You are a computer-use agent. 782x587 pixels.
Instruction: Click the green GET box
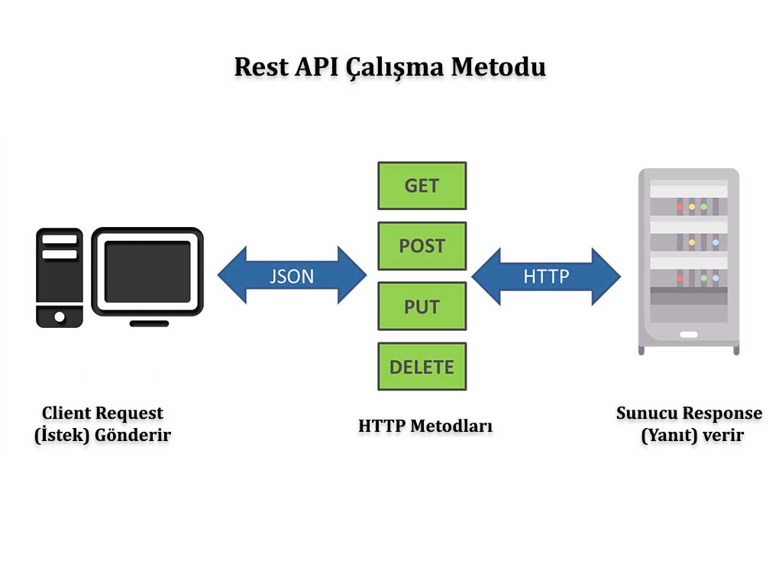click(x=422, y=186)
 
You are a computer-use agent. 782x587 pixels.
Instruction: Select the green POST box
click(x=422, y=246)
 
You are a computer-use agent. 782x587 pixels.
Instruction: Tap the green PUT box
click(x=422, y=306)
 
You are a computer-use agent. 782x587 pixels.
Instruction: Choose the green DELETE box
click(x=422, y=367)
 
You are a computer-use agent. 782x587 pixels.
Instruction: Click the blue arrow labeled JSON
click(x=292, y=275)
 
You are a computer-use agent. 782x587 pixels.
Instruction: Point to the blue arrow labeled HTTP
click(x=546, y=275)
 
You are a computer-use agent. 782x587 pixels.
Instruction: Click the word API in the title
click(x=315, y=66)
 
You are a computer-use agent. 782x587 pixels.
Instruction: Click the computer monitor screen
click(x=147, y=271)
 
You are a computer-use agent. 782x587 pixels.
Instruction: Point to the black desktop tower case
click(x=60, y=277)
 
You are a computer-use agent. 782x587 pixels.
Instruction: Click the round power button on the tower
click(x=59, y=315)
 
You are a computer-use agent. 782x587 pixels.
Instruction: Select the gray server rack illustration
click(x=689, y=261)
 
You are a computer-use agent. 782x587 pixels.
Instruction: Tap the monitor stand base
click(x=149, y=323)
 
